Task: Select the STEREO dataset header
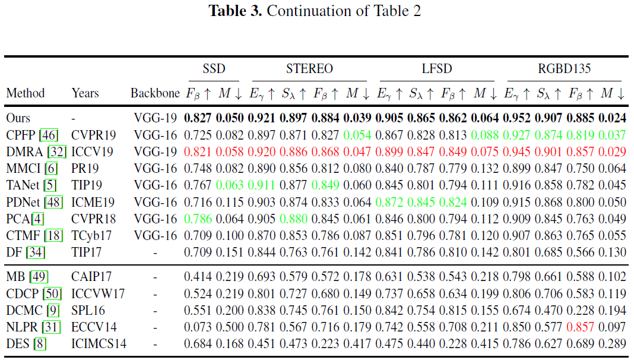point(309,68)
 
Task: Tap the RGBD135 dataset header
point(564,68)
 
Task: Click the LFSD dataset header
point(436,68)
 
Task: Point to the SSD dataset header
point(214,68)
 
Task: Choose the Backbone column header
point(155,93)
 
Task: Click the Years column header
point(85,93)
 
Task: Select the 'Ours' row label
point(18,118)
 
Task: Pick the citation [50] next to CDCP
point(52,293)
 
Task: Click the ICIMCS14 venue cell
point(99,343)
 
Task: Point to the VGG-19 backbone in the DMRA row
point(155,151)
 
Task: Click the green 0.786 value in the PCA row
point(198,219)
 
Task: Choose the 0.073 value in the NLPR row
point(198,327)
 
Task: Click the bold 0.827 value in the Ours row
point(198,118)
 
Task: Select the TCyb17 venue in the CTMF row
point(90,235)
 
